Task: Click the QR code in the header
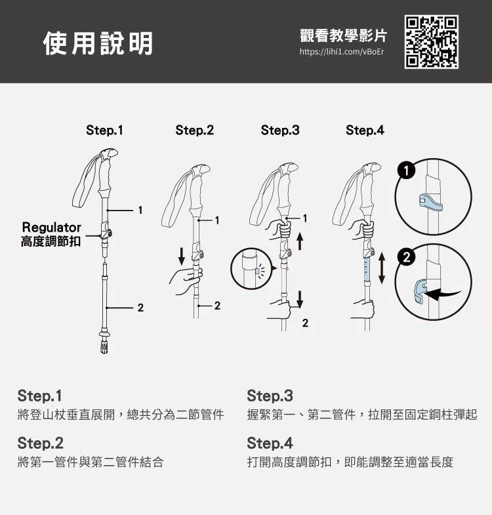pos(431,42)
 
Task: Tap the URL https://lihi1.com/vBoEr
pos(342,52)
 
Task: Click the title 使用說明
pos(98,43)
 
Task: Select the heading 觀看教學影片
pos(343,35)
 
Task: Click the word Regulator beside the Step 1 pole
pos(51,227)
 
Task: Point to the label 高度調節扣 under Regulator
pos(51,241)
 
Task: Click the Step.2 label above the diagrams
pos(194,130)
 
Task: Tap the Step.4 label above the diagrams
pos(365,130)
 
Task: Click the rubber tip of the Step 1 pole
pos(104,347)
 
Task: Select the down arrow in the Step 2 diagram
pos(181,257)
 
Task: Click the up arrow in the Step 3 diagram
pos(300,241)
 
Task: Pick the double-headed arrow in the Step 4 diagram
pos(381,268)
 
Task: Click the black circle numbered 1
pos(406,171)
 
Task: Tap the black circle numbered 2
pos(406,257)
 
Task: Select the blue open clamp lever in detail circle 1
pos(430,202)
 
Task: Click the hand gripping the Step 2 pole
pos(186,281)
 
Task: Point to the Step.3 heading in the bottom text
pos(270,396)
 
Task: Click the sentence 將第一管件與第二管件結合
pos(91,462)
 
